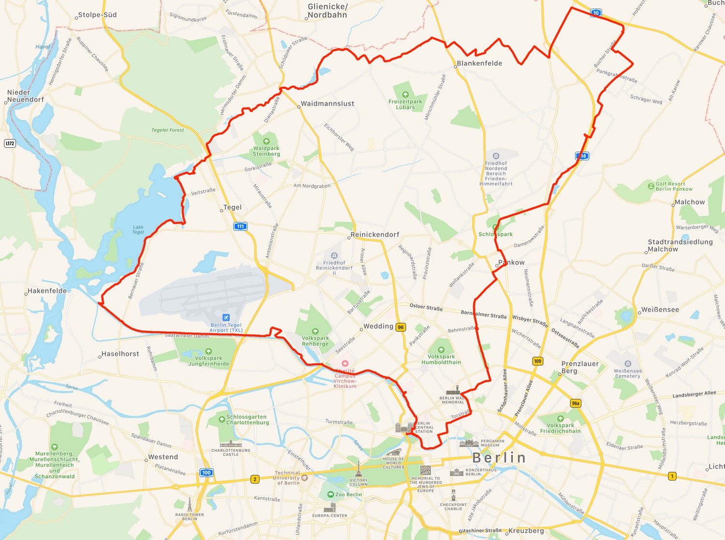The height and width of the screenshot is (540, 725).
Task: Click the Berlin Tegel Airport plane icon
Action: point(226,317)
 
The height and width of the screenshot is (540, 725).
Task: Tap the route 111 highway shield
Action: point(240,226)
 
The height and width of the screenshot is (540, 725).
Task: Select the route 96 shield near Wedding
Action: point(401,327)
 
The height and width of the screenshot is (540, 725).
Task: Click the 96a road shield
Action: point(575,403)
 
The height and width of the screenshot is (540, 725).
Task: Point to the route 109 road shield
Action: point(537,361)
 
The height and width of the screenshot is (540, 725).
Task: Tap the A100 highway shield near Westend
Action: point(206,472)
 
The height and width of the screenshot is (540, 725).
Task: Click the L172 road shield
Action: point(10,143)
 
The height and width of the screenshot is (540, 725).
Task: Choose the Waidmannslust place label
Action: point(327,104)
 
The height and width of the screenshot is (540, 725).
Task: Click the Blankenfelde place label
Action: point(479,63)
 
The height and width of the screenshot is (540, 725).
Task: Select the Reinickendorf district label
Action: point(375,235)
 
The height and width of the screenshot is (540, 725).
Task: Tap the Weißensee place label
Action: point(660,310)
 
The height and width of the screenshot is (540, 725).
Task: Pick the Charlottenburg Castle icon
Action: point(231,443)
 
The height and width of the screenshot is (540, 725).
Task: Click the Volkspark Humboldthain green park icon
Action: point(441,350)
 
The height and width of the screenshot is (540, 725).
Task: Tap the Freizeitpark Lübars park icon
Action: point(405,95)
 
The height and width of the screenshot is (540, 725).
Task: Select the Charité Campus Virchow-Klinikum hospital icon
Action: point(345,363)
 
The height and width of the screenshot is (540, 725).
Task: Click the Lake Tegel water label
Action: point(138,229)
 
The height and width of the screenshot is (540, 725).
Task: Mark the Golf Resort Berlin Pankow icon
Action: point(651,186)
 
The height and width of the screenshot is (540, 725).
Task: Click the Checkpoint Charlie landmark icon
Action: point(453,496)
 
